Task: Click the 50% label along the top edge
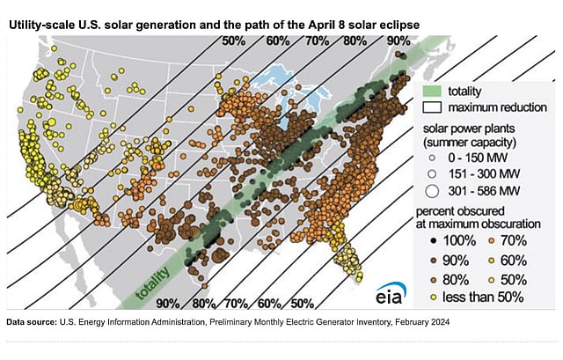234,40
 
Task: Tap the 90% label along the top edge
398,40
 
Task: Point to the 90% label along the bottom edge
168,304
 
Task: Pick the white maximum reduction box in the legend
430,107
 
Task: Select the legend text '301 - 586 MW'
480,188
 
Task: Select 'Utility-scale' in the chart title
39,18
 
